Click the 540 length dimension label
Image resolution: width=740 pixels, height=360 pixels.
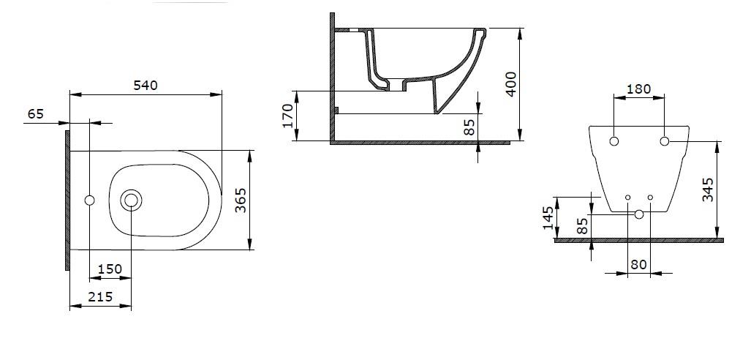(x=146, y=86)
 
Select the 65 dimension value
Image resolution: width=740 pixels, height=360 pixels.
(x=36, y=113)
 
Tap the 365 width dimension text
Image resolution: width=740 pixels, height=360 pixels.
(x=241, y=200)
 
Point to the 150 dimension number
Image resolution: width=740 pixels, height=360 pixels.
(x=110, y=269)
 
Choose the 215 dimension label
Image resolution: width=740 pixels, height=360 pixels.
(x=100, y=296)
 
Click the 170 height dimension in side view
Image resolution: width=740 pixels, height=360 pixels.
(x=288, y=116)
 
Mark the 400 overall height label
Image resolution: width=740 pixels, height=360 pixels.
(x=512, y=84)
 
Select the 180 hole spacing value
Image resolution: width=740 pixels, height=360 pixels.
(x=639, y=89)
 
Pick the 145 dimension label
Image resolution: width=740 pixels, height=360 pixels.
(x=548, y=217)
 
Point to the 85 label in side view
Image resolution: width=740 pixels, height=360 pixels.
(x=470, y=127)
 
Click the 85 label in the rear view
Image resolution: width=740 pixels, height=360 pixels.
(x=582, y=226)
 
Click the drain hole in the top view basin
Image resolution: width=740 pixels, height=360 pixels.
(x=132, y=200)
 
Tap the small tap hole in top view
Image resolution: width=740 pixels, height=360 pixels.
(x=90, y=200)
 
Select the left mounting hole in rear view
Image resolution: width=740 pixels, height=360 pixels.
(x=614, y=140)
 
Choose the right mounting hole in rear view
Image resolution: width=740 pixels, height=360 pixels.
(x=665, y=140)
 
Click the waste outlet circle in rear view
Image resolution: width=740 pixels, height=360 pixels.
(x=639, y=214)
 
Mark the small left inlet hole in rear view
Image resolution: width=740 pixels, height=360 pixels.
(x=628, y=198)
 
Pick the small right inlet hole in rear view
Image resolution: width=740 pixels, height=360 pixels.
(x=650, y=198)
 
